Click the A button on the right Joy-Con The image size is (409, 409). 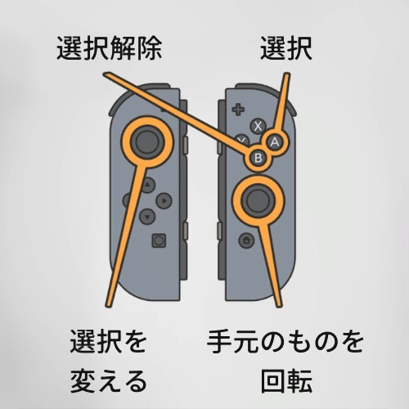pyautogui.click(x=275, y=142)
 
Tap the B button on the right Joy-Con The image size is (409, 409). pyautogui.click(x=258, y=158)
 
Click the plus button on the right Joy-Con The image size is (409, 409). pyautogui.click(x=238, y=110)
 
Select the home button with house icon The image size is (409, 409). pyautogui.click(x=246, y=240)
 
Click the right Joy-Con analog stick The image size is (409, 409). pyautogui.click(x=258, y=200)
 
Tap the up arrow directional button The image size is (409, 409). pyautogui.click(x=147, y=185)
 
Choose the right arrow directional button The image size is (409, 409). pyautogui.click(x=164, y=201)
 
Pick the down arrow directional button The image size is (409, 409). pyautogui.click(x=147, y=217)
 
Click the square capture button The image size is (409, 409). pyautogui.click(x=159, y=240)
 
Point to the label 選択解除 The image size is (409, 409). pyautogui.click(x=109, y=48)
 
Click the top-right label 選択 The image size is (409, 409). pyautogui.click(x=286, y=48)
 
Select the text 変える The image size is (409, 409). pyautogui.click(x=109, y=381)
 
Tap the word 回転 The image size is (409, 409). pyautogui.click(x=286, y=381)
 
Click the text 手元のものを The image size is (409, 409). pyautogui.click(x=285, y=341)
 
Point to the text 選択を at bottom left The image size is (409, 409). pyautogui.click(x=109, y=341)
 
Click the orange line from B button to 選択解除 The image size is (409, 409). pyautogui.click(x=178, y=111)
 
